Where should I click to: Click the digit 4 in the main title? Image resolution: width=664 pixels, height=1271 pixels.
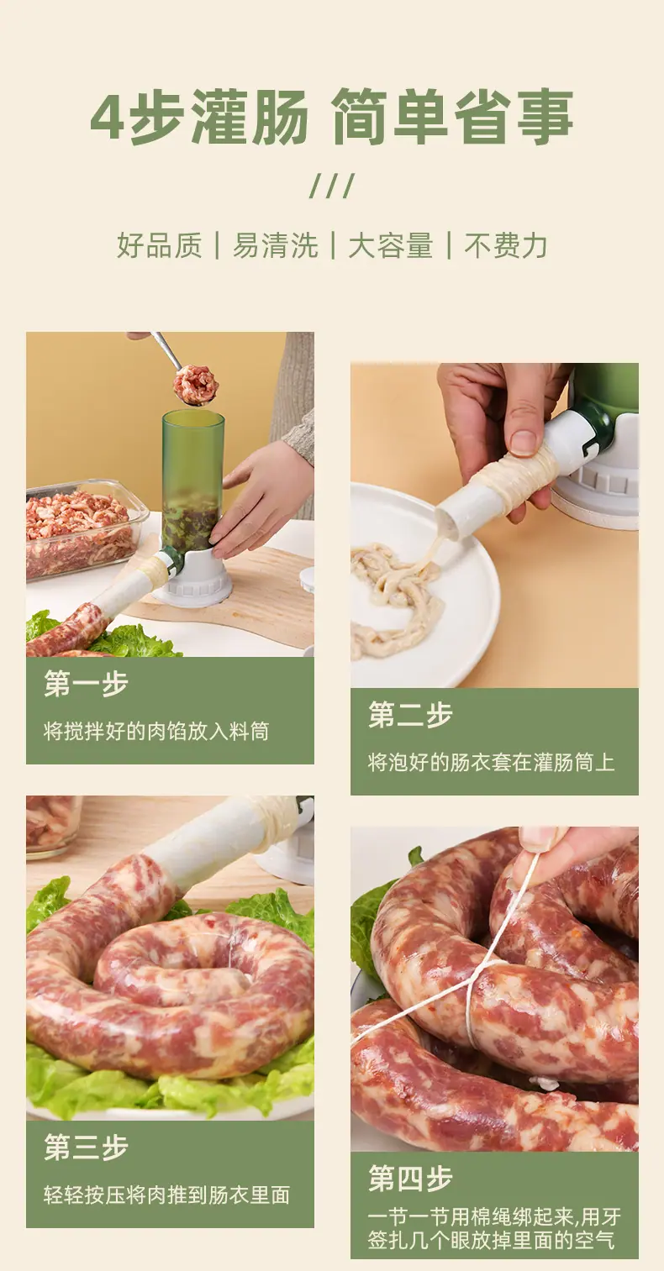click(x=108, y=118)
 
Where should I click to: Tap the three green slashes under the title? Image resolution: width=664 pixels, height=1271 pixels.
click(x=332, y=186)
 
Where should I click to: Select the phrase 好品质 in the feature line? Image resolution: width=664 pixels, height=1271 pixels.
click(x=160, y=245)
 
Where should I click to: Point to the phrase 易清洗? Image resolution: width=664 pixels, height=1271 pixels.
click(x=275, y=245)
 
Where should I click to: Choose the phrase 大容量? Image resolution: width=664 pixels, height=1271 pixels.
click(x=391, y=245)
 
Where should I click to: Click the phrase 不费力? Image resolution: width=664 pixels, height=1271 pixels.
click(x=506, y=245)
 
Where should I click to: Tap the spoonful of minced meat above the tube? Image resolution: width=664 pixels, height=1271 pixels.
click(x=197, y=385)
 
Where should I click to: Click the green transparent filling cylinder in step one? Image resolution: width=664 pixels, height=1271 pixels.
click(x=192, y=482)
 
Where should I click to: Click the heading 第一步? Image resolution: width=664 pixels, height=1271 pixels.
click(x=87, y=683)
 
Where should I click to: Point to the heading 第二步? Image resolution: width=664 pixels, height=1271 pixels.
click(x=410, y=714)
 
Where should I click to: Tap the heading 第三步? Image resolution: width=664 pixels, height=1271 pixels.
click(x=87, y=1148)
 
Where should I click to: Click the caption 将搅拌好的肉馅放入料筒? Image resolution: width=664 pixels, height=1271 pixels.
click(x=156, y=732)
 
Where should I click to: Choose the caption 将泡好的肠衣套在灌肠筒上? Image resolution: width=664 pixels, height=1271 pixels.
click(x=492, y=763)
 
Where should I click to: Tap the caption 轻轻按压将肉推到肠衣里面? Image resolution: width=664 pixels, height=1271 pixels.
click(x=167, y=1195)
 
